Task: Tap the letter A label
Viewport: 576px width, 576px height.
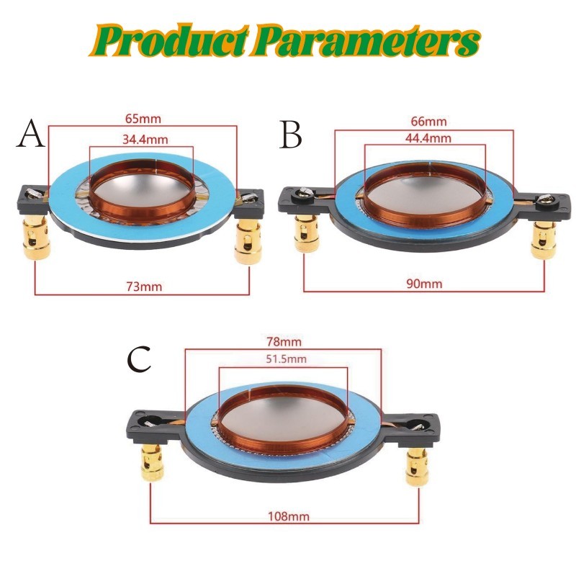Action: (30, 135)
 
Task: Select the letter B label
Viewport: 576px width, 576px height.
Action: (291, 135)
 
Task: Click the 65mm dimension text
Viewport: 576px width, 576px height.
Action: (142, 119)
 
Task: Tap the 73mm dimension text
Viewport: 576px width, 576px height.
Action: (143, 287)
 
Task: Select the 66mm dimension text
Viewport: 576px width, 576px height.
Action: (426, 122)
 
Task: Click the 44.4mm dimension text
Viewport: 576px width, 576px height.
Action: (426, 138)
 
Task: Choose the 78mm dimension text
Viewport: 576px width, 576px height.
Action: (284, 341)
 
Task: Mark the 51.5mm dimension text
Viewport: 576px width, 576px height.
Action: (284, 359)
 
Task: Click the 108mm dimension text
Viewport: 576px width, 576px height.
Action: (284, 516)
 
